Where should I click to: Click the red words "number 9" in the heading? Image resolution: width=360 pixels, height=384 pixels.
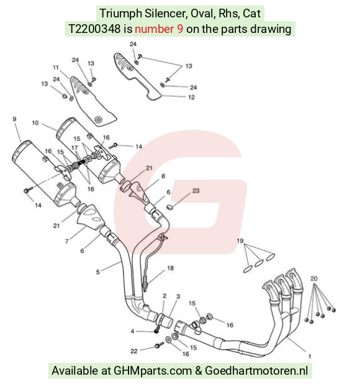click(159, 29)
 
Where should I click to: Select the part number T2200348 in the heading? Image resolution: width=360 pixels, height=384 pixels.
click(94, 29)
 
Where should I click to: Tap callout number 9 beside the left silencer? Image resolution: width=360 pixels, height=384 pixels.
click(14, 119)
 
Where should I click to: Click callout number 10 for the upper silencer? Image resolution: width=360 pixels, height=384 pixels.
click(35, 122)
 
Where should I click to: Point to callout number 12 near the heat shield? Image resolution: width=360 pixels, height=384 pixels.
click(192, 97)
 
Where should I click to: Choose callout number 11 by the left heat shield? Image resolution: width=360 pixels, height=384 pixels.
click(56, 68)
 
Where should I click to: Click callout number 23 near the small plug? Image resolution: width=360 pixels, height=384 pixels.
click(196, 191)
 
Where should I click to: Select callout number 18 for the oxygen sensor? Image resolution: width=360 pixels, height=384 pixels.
click(171, 268)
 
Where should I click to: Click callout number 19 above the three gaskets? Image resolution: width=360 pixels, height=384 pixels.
click(240, 240)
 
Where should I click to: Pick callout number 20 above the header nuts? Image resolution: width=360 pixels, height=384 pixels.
click(314, 278)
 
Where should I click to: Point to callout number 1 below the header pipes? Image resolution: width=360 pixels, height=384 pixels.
click(310, 356)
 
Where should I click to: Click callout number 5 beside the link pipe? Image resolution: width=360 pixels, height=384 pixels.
click(98, 272)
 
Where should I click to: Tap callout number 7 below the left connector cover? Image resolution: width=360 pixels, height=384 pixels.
click(66, 241)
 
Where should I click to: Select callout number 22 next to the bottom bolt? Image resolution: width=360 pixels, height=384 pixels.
click(134, 351)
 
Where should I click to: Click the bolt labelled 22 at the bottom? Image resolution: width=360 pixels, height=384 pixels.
click(160, 345)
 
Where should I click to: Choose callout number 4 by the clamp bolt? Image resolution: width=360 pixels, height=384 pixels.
click(132, 331)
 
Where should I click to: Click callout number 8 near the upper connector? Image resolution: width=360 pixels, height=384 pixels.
click(163, 176)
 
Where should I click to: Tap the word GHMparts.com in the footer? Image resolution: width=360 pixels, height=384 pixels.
click(153, 370)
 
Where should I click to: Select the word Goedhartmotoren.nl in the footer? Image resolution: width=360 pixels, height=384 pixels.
click(256, 370)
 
